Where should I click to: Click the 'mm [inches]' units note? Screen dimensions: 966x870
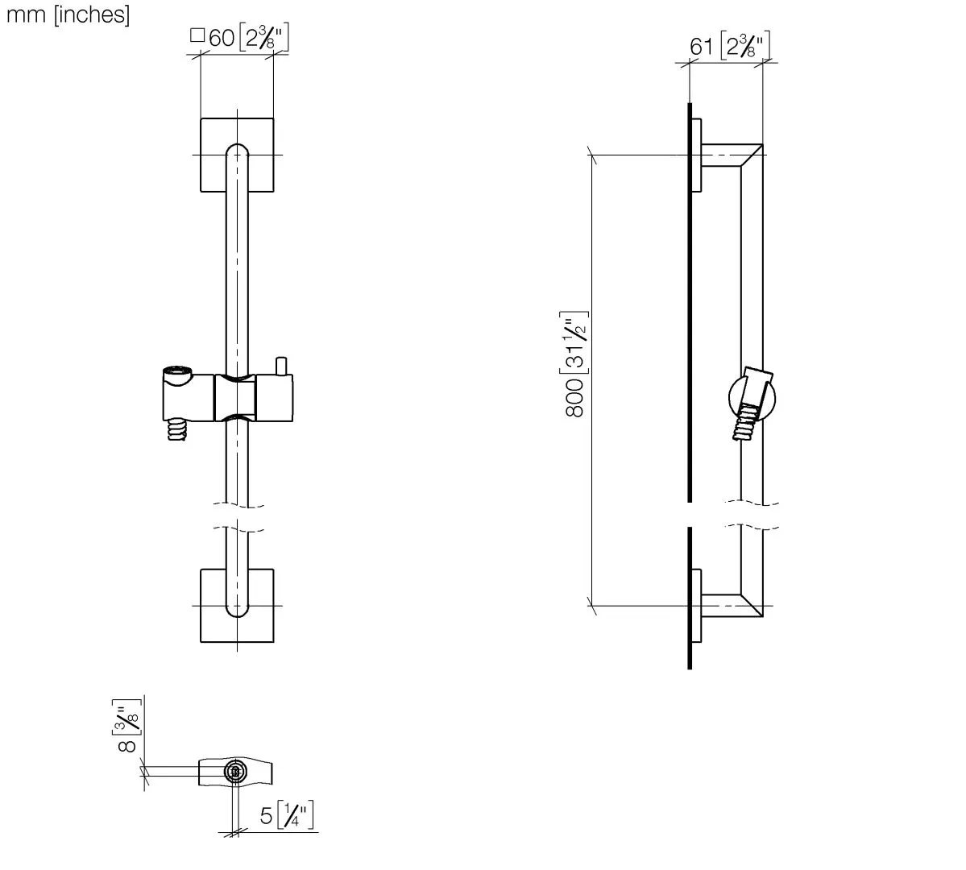click(68, 14)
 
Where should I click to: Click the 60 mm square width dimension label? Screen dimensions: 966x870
click(239, 38)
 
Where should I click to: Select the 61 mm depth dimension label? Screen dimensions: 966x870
click(729, 46)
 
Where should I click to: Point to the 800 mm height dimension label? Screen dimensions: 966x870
click(576, 365)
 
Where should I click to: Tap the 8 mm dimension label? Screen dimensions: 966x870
click(127, 725)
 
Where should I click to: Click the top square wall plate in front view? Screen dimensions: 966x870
click(237, 155)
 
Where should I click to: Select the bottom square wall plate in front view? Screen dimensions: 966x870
click(237, 606)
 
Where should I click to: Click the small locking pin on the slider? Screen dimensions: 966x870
click(281, 366)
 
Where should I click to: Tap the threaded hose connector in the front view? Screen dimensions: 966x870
click(176, 430)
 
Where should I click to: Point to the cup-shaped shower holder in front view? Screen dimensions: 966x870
click(179, 395)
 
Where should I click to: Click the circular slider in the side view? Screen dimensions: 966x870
click(752, 398)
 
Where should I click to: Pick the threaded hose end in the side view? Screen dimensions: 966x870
click(744, 424)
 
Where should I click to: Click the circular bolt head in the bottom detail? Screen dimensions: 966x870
click(234, 771)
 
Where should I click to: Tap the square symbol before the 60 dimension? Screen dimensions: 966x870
click(197, 35)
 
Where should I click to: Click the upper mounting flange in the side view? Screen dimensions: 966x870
click(697, 155)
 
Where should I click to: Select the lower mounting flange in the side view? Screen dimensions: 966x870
click(697, 606)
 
